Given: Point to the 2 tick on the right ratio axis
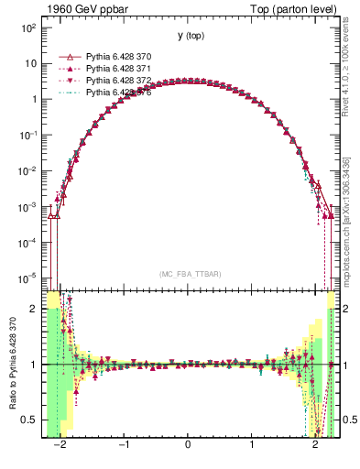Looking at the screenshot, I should point(347,309).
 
